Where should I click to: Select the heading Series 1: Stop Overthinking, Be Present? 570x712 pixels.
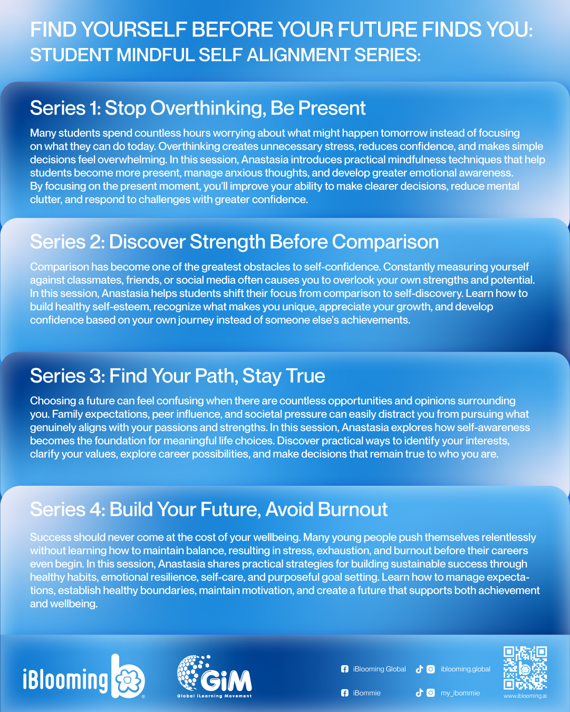click(x=198, y=108)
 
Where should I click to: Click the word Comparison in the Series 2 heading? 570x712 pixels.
click(x=385, y=242)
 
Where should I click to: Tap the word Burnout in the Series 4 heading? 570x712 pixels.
click(x=353, y=509)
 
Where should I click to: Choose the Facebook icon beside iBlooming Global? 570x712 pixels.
click(x=345, y=669)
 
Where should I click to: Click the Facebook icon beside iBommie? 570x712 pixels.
click(x=345, y=693)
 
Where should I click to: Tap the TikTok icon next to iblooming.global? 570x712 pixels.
click(x=419, y=669)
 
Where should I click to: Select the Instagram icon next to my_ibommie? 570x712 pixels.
click(x=431, y=693)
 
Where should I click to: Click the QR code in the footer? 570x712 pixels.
click(x=525, y=668)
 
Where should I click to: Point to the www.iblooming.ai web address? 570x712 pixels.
click(x=525, y=696)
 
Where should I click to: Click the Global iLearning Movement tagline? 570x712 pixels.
click(x=215, y=696)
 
